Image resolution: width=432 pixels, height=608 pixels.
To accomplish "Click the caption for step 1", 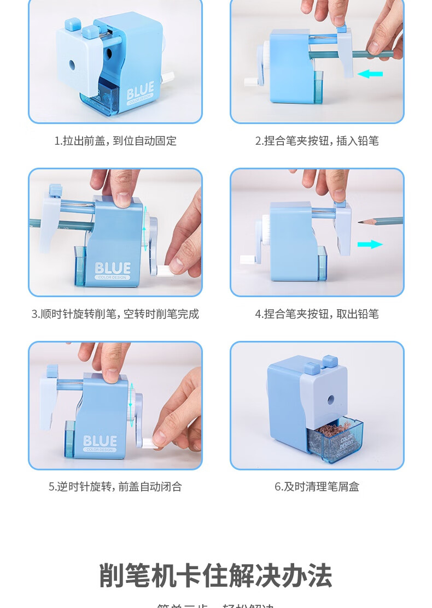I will [115, 141].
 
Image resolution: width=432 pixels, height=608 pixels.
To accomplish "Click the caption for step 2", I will [317, 141].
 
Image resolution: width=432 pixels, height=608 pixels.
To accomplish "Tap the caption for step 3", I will [115, 314].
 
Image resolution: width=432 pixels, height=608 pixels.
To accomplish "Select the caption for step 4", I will [317, 314].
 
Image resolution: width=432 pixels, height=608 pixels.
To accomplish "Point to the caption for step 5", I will [115, 487].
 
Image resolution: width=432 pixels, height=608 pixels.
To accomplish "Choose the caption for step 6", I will [317, 487].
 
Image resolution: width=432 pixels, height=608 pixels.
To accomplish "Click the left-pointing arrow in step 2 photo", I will [370, 74].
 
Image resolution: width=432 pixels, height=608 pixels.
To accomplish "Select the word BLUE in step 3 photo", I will [113, 268].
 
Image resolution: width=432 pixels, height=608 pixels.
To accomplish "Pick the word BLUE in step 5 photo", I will [100, 441].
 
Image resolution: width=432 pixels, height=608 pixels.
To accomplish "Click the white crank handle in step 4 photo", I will [248, 259].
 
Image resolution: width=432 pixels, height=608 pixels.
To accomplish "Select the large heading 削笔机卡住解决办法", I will [215, 575].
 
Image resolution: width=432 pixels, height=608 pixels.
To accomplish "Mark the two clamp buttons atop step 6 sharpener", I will [319, 363].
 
